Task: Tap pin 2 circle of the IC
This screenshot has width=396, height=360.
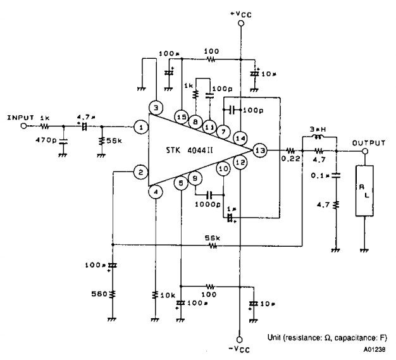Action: point(141,171)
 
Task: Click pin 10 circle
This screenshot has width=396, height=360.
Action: point(223,170)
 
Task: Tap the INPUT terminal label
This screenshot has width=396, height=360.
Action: point(19,117)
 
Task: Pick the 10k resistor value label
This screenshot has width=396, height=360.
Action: point(167,295)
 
